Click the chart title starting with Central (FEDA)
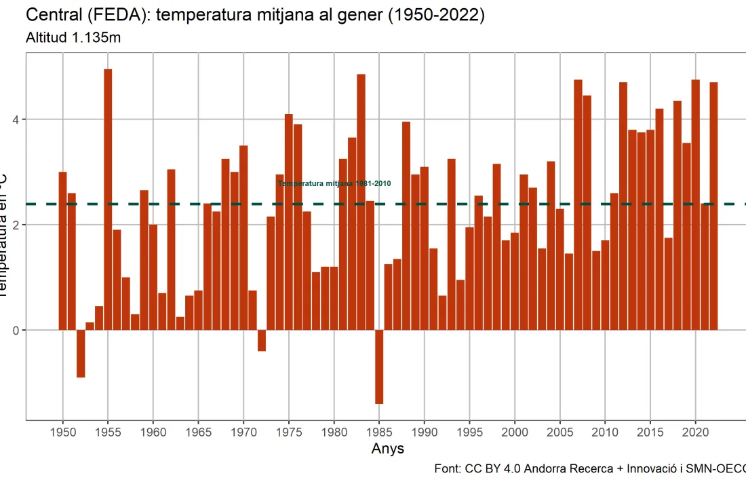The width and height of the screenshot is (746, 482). click(255, 16)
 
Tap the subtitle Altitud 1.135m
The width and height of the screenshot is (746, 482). click(73, 38)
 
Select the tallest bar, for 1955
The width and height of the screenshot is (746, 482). click(108, 200)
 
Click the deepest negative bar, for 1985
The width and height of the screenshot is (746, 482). click(379, 367)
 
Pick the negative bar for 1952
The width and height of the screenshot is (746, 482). click(81, 353)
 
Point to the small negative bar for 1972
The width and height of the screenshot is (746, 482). click(262, 340)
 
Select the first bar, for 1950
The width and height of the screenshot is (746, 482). click(62, 251)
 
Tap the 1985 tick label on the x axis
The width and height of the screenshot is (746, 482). click(379, 431)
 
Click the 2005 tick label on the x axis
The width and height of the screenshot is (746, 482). click(560, 431)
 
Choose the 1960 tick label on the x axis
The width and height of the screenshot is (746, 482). click(153, 431)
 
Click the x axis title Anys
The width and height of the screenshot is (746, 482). click(388, 449)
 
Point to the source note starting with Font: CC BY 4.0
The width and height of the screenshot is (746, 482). click(589, 469)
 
